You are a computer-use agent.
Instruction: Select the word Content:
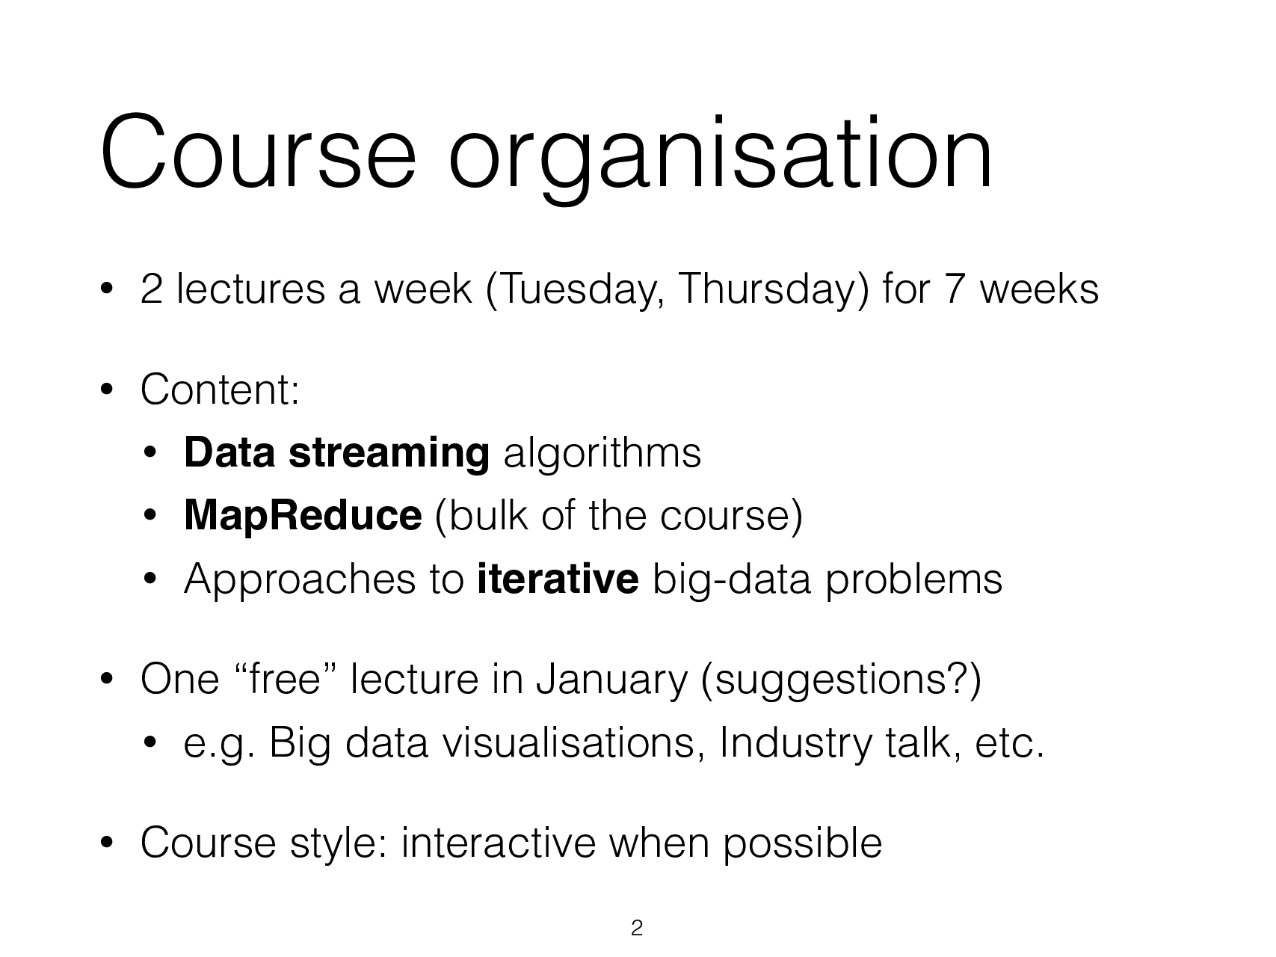coord(220,390)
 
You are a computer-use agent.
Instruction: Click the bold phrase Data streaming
coord(336,453)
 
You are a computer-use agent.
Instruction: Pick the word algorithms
coord(602,453)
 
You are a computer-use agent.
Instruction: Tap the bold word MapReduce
coord(302,516)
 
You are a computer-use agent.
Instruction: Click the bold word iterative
coord(558,579)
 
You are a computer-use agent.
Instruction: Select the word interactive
coord(499,843)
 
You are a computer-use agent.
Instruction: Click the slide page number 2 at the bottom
coord(637,929)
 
